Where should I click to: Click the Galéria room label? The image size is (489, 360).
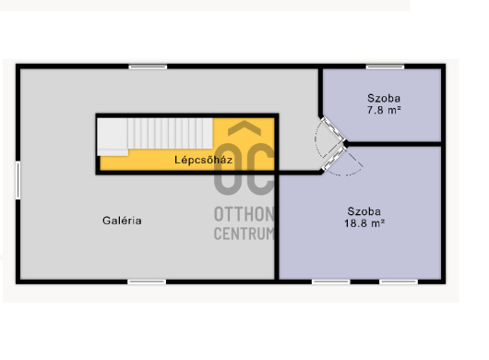pos(122,221)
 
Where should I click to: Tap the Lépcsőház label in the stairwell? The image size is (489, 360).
pos(203,160)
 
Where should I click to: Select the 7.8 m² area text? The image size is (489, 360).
pos(384,110)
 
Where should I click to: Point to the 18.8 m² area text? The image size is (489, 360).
pos(364,223)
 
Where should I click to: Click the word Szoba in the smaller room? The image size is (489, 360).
pos(384,98)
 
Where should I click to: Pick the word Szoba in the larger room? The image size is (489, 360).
pos(364,211)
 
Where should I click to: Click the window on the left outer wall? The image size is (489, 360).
pos(18,180)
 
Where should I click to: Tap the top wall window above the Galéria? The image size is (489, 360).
pos(148,66)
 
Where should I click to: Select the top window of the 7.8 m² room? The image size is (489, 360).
pos(385,66)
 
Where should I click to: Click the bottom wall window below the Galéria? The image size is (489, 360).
pos(147,282)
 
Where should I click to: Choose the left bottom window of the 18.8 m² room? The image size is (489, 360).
pos(331,282)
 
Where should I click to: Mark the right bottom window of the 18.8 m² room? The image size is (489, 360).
pos(399,282)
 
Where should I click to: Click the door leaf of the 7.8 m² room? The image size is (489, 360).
pos(333,128)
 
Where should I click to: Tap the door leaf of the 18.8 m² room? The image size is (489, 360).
pos(335,159)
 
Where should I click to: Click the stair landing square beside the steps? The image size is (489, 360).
pos(113,137)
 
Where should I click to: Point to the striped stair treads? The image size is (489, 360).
pos(171,133)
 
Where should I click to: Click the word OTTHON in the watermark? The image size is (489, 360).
pos(244,214)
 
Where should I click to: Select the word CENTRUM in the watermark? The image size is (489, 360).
pos(244,234)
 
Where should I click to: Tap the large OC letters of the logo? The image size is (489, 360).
pos(244,169)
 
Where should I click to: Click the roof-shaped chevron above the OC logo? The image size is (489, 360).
pos(244,128)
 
